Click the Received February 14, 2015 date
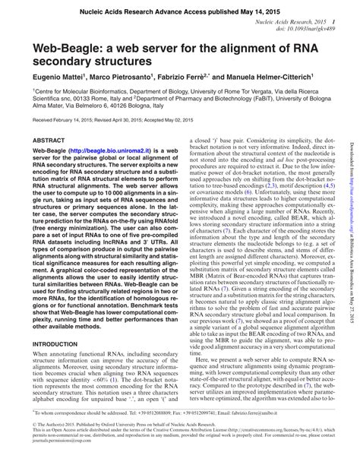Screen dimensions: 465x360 tap(65, 120)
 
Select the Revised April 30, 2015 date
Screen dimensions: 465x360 tap(133, 120)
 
